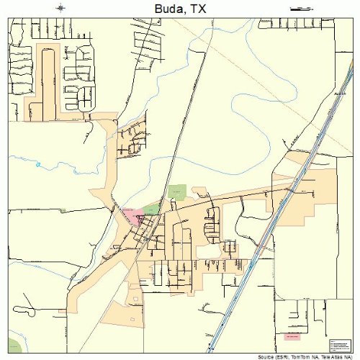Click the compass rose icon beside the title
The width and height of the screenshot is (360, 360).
point(60,8)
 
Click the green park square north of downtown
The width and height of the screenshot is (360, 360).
point(177,192)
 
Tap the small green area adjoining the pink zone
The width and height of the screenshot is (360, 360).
point(151,209)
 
